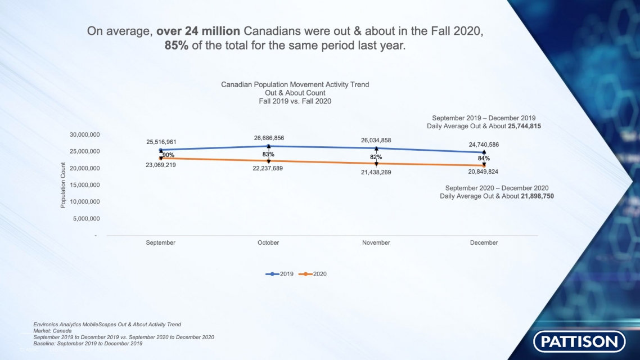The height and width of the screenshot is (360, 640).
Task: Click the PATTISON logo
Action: pos(579,341)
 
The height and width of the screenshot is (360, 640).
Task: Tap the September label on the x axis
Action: pos(160,242)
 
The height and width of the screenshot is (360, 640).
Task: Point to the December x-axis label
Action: pos(484,242)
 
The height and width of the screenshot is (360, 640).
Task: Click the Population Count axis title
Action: pos(63,185)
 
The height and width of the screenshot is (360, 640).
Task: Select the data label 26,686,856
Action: pos(268,138)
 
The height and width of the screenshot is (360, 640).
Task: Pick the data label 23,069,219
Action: pos(160,165)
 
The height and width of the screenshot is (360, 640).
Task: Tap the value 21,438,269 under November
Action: pos(376,172)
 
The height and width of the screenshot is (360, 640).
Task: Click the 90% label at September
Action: pos(168,155)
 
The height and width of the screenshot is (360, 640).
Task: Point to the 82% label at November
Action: pos(376,157)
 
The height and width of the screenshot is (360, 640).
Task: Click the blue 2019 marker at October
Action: pos(268,146)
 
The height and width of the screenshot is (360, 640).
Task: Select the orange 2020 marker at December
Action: pos(484,165)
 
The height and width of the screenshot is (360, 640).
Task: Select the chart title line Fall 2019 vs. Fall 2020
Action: pos(295,101)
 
